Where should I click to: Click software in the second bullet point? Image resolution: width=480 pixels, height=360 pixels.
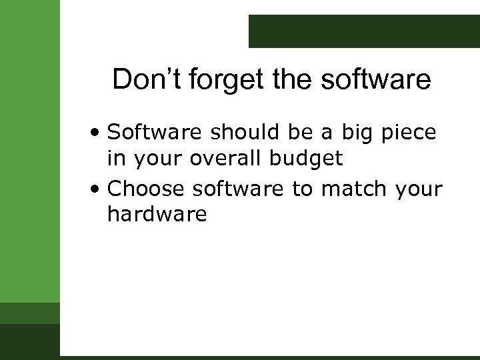tap(239, 189)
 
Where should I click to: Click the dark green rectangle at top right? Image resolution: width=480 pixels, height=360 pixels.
tap(364, 31)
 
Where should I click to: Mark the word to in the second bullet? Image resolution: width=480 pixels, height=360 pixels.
tap(302, 190)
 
